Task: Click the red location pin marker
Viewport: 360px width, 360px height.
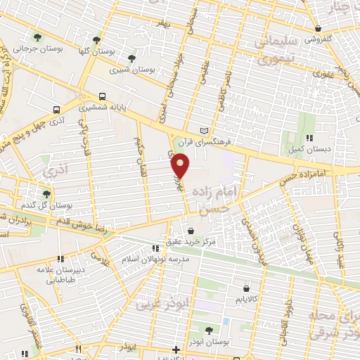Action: tap(181, 166)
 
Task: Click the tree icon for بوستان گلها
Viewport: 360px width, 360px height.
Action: tap(96, 39)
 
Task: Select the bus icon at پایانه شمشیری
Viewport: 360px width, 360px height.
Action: tap(103, 96)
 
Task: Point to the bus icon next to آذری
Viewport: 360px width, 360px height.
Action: tap(55, 110)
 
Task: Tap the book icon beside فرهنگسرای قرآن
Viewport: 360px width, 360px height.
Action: tap(205, 131)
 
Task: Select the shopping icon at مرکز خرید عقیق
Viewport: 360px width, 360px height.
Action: tap(191, 230)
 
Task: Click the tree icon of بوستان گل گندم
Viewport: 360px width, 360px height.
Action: tap(46, 194)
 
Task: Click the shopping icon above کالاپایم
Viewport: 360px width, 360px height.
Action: tap(245, 287)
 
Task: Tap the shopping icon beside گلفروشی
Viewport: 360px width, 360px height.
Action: tap(319, 29)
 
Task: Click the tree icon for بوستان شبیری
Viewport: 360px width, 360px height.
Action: tap(131, 58)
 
